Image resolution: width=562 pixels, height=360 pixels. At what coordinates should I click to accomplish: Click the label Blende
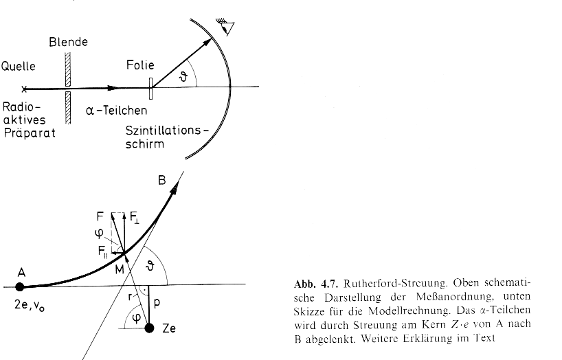click(69, 42)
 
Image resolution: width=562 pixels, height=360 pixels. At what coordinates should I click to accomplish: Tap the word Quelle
click(19, 67)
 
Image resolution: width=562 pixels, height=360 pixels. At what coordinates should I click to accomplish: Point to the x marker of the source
click(24, 89)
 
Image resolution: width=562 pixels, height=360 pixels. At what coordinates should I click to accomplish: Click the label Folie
click(140, 65)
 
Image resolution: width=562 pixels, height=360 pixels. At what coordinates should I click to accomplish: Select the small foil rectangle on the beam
click(151, 88)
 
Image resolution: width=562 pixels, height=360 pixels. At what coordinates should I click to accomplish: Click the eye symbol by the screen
click(225, 27)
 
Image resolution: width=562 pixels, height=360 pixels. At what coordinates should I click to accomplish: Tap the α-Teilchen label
click(117, 111)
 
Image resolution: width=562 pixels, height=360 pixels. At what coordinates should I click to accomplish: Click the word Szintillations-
click(167, 131)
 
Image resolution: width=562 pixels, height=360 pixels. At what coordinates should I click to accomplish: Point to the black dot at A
click(20, 287)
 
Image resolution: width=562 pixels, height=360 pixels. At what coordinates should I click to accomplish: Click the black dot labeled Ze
click(150, 328)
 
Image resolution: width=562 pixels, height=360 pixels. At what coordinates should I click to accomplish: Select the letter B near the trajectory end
click(162, 180)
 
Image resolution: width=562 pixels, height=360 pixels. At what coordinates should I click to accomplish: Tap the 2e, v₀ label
click(30, 306)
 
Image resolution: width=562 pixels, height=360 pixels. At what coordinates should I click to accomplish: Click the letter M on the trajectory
click(120, 269)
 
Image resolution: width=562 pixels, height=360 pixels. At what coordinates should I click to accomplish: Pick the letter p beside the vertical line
click(157, 304)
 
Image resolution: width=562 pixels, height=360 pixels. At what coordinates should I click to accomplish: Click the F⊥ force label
click(135, 217)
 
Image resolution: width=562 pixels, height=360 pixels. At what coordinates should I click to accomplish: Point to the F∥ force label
click(103, 251)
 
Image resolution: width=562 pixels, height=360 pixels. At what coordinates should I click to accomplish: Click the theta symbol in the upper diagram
click(183, 76)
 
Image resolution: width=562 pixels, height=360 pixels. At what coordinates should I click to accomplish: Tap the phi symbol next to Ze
click(136, 317)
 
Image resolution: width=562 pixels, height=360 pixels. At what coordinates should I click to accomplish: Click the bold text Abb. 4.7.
click(316, 284)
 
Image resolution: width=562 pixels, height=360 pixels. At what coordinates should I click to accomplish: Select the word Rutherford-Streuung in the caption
click(396, 284)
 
